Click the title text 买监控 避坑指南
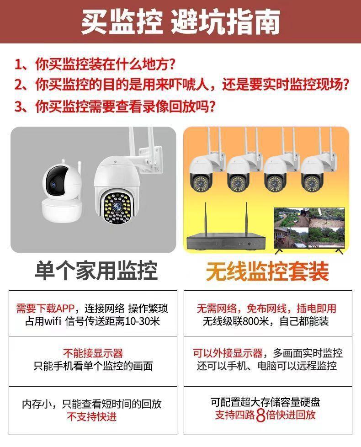180,22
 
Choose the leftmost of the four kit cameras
205,173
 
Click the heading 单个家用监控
96,271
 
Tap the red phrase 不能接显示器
93,353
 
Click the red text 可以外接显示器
228,353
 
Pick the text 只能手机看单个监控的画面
93,367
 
